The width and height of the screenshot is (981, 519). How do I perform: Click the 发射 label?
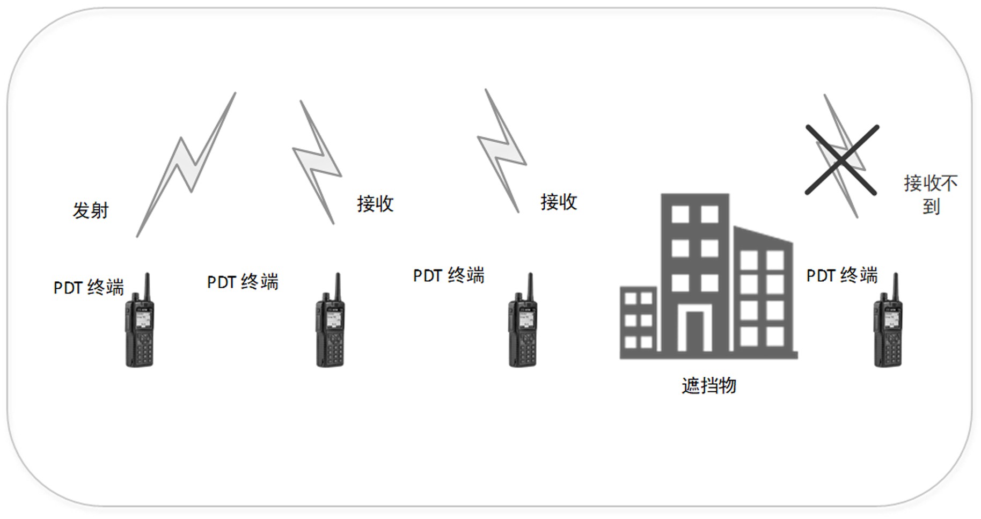coord(91,210)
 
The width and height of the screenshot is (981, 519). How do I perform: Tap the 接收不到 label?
coord(931,194)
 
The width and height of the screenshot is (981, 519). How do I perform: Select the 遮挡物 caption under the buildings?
coord(709,385)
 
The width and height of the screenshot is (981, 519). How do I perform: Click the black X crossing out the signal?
coord(841,159)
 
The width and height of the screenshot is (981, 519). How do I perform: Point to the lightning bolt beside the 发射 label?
coord(186,164)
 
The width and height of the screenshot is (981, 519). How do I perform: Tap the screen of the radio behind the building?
coord(890,319)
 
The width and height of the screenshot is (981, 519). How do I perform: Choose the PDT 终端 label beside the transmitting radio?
coord(89,288)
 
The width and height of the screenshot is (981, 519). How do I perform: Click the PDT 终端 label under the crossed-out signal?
coord(841,275)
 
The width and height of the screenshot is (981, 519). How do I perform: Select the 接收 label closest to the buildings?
coord(559,202)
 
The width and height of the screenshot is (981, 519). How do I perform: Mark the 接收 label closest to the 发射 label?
coord(375,203)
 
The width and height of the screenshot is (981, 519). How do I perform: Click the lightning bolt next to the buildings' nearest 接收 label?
coord(502,151)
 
